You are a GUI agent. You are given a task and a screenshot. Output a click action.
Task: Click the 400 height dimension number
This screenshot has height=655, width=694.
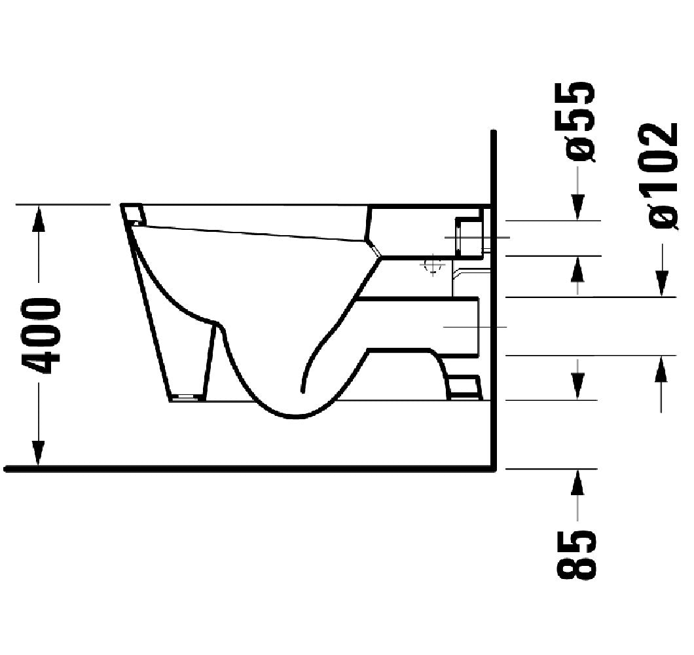coord(42,335)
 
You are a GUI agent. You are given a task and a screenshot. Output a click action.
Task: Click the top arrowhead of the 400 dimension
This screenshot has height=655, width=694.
coord(39,218)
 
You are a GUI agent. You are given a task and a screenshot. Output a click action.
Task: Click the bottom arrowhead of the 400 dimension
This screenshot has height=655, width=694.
coord(39,453)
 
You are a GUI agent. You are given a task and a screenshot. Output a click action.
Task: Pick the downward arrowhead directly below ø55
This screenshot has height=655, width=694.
coord(577,207)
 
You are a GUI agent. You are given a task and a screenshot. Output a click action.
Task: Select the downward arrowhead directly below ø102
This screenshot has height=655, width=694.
coord(661,284)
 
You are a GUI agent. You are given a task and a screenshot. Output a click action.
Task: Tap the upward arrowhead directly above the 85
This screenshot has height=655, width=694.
coord(577,482)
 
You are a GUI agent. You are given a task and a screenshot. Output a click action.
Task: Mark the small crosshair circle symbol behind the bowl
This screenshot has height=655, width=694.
coord(433,266)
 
